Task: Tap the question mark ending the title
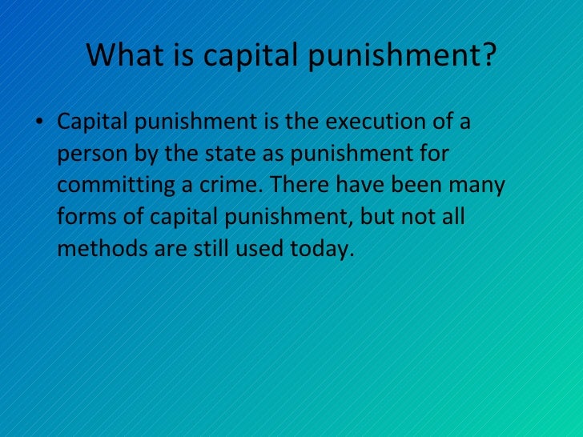pos(489,56)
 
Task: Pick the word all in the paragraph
pos(451,218)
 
